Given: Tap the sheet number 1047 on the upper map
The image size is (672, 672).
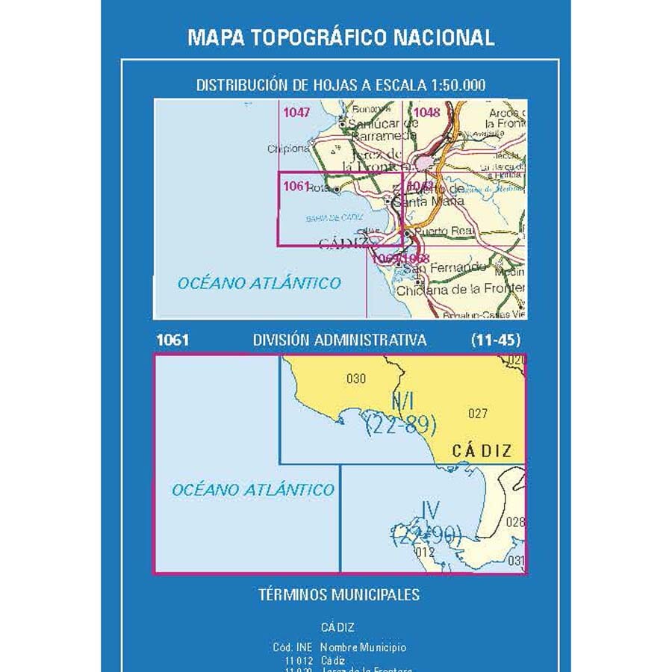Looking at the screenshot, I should [x=296, y=113].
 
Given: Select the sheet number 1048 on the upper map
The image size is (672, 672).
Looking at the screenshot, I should [x=427, y=113].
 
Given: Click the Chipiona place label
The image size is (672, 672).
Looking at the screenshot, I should [x=287, y=149].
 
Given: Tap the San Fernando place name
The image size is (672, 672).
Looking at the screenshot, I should [x=446, y=267].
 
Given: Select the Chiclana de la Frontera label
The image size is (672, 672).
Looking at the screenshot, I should [x=460, y=290].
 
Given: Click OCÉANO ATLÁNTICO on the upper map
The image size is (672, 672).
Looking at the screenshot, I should [x=259, y=283].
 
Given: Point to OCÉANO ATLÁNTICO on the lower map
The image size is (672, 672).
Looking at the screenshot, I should [x=253, y=490].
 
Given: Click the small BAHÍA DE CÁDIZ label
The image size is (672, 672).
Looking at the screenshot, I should [x=333, y=218].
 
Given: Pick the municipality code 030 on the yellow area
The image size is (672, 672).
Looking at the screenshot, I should [x=356, y=379].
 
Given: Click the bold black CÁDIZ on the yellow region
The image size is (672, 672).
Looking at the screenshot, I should [x=482, y=450].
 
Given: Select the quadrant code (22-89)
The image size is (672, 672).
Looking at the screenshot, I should [x=401, y=426].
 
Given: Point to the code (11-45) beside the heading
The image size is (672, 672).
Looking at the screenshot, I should [x=497, y=340].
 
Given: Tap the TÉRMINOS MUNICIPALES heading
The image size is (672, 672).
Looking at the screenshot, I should [x=339, y=595].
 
